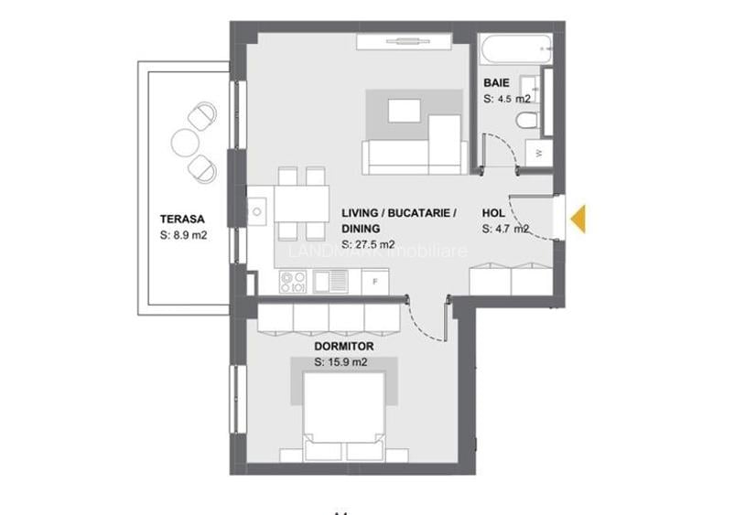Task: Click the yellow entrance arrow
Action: [x=578, y=219]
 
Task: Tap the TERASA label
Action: [x=181, y=219]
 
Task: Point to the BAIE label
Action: [x=496, y=83]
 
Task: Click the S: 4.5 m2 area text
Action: [x=506, y=99]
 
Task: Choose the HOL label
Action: [x=493, y=213]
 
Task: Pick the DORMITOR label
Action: [x=344, y=347]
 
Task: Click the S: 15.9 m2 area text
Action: [x=340, y=362]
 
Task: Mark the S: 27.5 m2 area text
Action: [x=368, y=244]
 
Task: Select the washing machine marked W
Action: [x=539, y=153]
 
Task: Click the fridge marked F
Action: [x=374, y=282]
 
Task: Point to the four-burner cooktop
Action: [x=292, y=282]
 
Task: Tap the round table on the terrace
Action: [x=185, y=141]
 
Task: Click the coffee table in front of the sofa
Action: [x=405, y=111]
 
